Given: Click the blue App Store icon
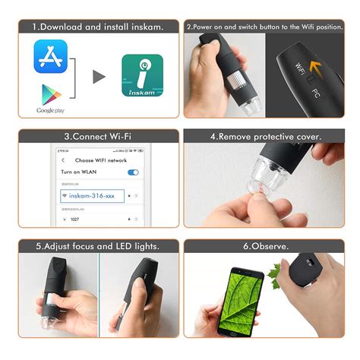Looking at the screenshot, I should (51, 56).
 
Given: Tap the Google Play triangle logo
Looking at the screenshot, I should (50, 94).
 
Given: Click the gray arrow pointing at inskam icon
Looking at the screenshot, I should (99, 76).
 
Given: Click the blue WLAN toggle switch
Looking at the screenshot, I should (134, 172).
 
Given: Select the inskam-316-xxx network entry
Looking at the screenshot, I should (90, 195).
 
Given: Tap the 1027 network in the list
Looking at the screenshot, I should (74, 219).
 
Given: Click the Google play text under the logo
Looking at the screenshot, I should (51, 111).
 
